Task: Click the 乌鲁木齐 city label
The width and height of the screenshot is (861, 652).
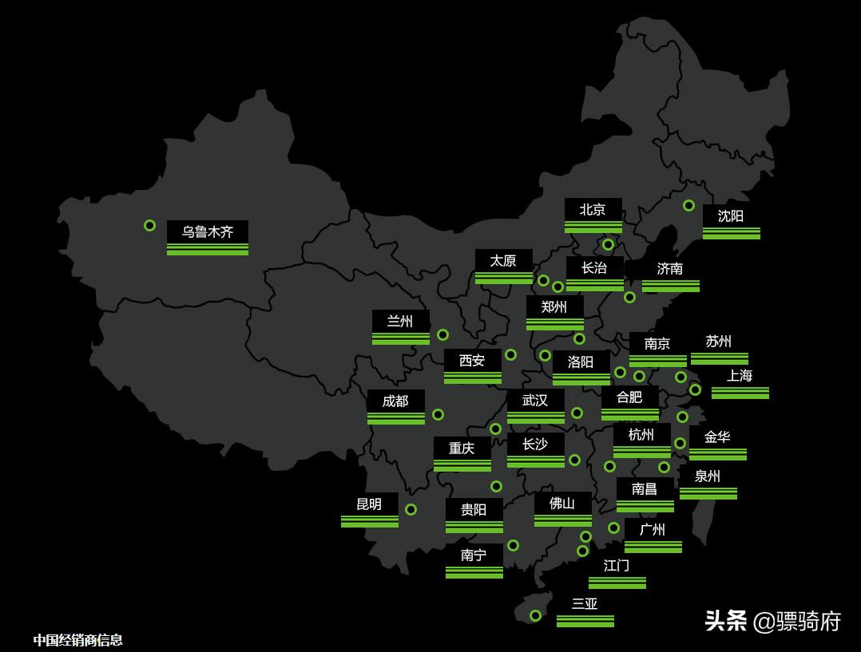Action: pos(208,232)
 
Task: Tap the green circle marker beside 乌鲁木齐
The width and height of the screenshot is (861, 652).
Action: pos(149,226)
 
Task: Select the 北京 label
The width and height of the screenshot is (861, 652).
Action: pos(593,210)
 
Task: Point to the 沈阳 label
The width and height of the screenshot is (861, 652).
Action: pos(731,216)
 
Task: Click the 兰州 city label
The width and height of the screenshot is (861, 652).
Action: pos(400,322)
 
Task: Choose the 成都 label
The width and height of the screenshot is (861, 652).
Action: pos(395,401)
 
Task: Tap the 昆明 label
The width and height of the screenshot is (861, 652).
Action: pos(369,504)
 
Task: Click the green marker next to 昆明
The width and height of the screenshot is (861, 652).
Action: pos(411,509)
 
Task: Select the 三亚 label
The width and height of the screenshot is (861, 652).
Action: pos(585,604)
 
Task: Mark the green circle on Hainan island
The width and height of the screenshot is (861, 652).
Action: pos(535,615)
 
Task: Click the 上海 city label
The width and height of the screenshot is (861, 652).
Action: pos(740,376)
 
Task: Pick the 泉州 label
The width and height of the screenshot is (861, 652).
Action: pos(708,476)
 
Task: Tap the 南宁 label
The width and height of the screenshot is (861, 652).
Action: pos(474,555)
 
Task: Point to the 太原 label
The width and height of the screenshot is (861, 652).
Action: pos(503,261)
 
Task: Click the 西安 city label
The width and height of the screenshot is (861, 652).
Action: pos(472,361)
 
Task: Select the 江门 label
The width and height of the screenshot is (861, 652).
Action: pos(617,566)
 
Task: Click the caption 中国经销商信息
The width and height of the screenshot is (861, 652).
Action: pos(78,639)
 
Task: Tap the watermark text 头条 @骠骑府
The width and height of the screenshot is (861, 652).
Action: pos(772,621)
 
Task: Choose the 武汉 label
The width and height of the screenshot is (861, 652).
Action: pos(535,401)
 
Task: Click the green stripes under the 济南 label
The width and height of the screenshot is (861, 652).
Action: pos(671,286)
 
